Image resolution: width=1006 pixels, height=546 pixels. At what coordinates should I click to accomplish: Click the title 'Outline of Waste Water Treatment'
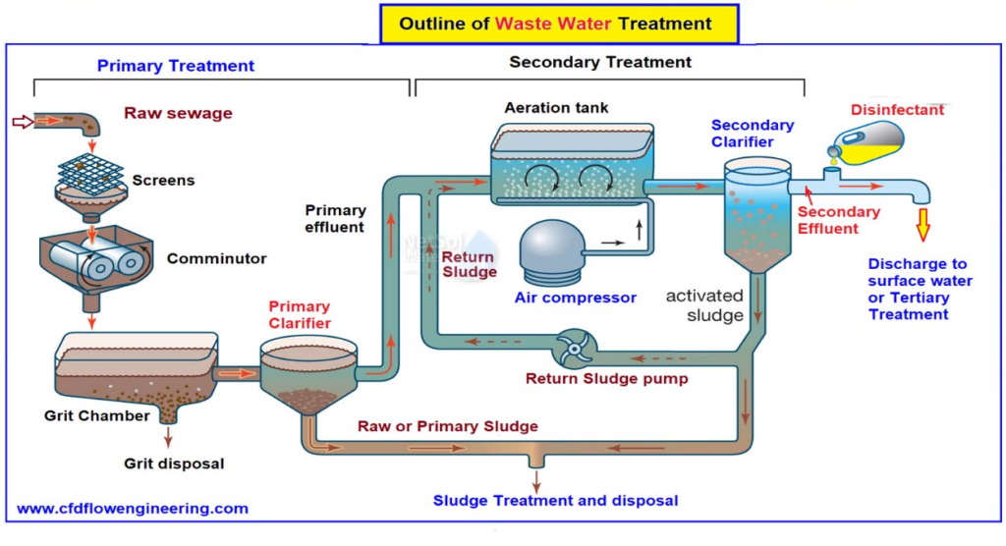(556, 24)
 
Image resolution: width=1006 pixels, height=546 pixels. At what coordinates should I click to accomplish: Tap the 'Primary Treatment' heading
(176, 66)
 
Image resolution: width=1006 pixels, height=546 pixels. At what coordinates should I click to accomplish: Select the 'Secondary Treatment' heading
(599, 62)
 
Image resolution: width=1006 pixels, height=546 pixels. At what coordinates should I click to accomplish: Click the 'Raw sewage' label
(178, 113)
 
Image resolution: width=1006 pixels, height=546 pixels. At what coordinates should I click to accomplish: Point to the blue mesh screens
(90, 172)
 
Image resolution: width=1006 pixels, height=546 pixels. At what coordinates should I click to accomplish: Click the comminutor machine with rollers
(94, 259)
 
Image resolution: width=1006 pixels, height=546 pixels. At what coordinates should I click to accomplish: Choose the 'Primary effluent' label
(335, 218)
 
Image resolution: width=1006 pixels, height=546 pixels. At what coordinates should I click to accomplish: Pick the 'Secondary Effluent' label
(838, 220)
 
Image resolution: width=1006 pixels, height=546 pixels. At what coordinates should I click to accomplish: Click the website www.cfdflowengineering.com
(133, 509)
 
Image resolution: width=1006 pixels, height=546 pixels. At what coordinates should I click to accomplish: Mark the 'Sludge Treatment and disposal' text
(555, 501)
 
